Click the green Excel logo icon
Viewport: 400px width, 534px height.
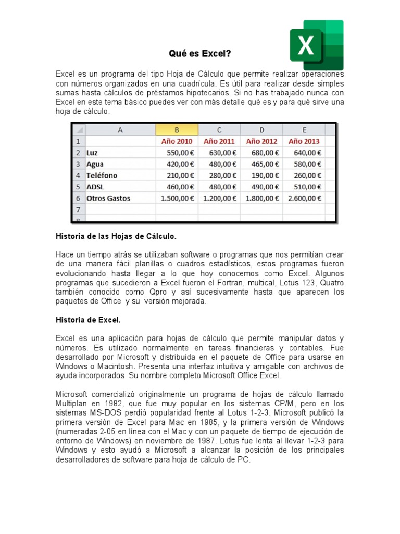(x=316, y=45)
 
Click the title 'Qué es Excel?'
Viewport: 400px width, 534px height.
(x=200, y=53)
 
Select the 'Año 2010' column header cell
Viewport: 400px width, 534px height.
(x=177, y=141)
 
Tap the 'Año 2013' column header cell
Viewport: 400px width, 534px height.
(x=304, y=141)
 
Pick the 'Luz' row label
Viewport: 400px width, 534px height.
(x=92, y=153)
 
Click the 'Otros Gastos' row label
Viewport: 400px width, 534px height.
(x=108, y=198)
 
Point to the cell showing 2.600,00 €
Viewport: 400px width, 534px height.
(x=304, y=198)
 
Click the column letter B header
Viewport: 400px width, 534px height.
(x=177, y=130)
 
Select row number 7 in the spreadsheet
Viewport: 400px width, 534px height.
(x=78, y=209)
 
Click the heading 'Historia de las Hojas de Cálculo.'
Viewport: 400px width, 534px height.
(x=116, y=237)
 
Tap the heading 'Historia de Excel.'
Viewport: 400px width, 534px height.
(x=88, y=319)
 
